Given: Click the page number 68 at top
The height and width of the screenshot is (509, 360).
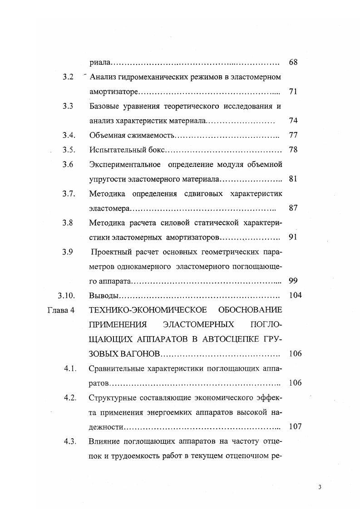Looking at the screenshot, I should (293, 62).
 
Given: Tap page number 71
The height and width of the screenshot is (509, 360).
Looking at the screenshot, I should (292, 92).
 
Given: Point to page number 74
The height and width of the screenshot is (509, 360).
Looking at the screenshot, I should (293, 121).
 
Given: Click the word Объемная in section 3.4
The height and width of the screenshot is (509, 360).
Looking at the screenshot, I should (107, 136).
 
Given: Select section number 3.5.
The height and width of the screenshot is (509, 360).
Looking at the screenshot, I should (69, 150).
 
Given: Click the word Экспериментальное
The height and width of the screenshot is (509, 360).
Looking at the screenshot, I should (124, 165).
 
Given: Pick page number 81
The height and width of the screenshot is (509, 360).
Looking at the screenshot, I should (293, 179).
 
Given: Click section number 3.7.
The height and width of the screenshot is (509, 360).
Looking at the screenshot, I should (69, 194).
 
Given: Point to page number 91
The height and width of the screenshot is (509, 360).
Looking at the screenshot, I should (293, 237).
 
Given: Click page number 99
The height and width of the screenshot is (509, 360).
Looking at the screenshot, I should (293, 281).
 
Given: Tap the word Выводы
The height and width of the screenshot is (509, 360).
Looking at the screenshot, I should (104, 296).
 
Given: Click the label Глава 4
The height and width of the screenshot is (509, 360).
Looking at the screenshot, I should (60, 310).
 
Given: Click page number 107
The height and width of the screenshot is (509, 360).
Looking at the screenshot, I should (295, 426).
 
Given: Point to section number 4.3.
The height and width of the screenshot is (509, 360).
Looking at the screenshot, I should (70, 441).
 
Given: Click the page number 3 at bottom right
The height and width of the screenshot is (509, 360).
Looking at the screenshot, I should (320, 487).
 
